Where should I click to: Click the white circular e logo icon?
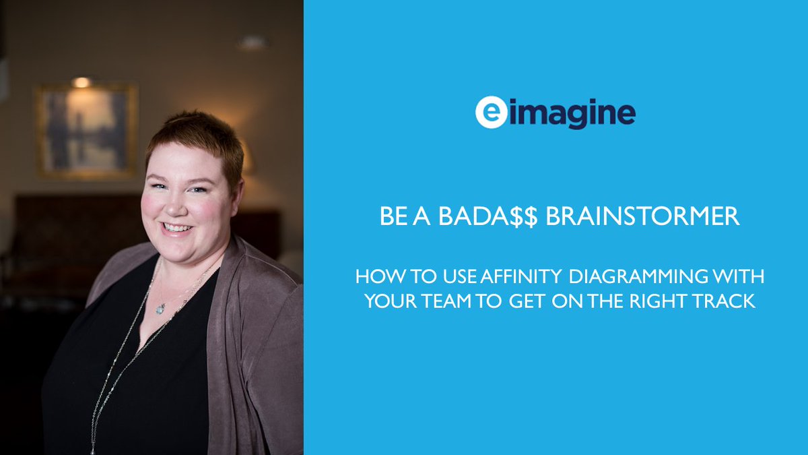coord(490,113)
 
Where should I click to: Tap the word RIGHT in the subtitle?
coord(665,301)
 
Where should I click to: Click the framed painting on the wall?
coord(87,130)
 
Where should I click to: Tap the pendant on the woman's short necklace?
coord(160,308)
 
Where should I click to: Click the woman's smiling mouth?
coord(177,228)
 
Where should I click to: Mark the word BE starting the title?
coord(390,217)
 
